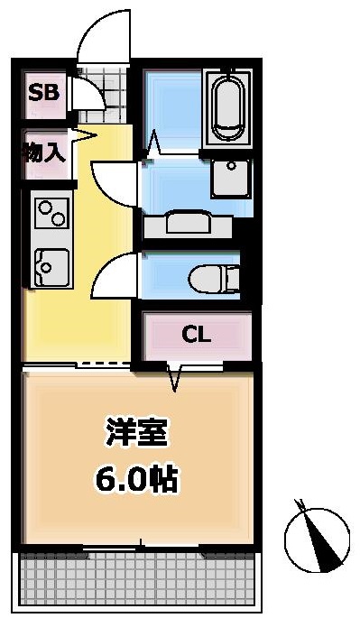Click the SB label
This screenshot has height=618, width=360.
[44, 92]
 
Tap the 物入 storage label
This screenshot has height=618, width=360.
[44, 152]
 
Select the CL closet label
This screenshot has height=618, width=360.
[197, 335]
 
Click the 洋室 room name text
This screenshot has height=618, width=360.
[136, 432]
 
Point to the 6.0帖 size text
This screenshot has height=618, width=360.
[136, 479]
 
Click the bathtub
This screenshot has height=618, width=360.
[227, 107]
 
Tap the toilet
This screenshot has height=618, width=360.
[214, 279]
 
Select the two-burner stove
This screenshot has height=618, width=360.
[51, 213]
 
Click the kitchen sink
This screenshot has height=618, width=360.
[51, 268]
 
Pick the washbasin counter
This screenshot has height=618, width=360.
[188, 225]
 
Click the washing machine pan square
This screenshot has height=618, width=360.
[231, 178]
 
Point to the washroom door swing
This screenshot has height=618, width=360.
[115, 183]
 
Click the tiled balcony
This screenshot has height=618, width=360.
[136, 580]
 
